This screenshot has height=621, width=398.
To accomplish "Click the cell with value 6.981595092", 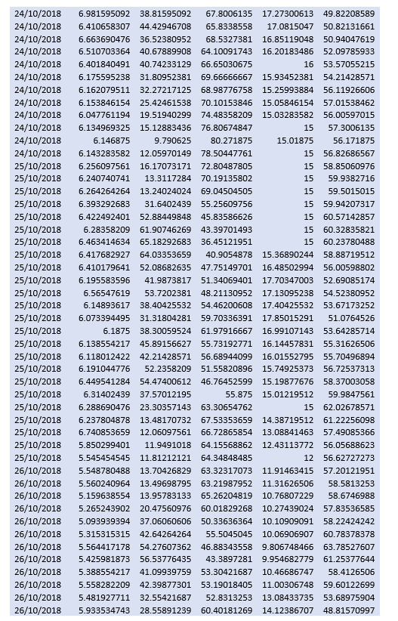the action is click(103, 14).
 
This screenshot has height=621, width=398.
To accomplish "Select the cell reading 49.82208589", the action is click(348, 14).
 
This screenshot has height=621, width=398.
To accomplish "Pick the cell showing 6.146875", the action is click(111, 141).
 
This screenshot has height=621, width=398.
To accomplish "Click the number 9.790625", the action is click(172, 141).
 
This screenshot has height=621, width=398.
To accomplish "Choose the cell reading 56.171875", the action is click(353, 141).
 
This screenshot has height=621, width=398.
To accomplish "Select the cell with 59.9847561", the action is click(351, 394).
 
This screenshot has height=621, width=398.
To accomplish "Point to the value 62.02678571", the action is click(348, 407).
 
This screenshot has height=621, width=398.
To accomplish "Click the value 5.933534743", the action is click(103, 610).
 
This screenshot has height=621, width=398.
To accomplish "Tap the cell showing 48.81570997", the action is click(348, 610).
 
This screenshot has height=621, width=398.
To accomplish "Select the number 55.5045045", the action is click(229, 534).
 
